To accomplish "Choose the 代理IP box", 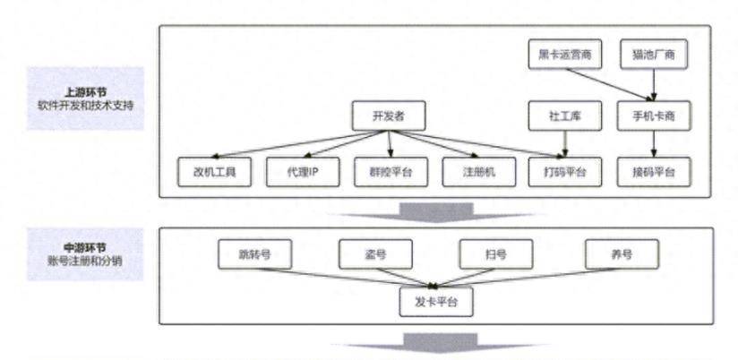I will pyautogui.click(x=303, y=172).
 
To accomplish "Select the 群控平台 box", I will pyautogui.click(x=390, y=172).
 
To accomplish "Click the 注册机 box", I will pyautogui.click(x=478, y=172).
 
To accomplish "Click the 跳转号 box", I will pyautogui.click(x=255, y=254).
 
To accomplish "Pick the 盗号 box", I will pyautogui.click(x=375, y=254).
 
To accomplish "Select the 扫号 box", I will pyautogui.click(x=495, y=254).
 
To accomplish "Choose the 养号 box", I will pyautogui.click(x=621, y=254).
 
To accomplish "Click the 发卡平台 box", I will pyautogui.click(x=435, y=302).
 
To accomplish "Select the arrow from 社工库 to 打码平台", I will pyautogui.click(x=565, y=143).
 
